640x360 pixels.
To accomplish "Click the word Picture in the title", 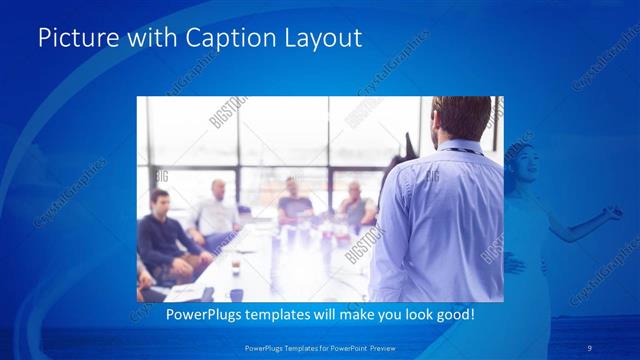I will (x=73, y=38).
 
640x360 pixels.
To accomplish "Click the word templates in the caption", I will (x=266, y=315).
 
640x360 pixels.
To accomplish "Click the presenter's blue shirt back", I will (x=440, y=220).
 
